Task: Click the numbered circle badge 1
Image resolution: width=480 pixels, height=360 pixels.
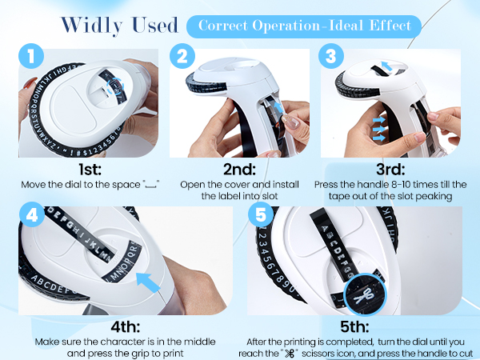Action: [31, 56]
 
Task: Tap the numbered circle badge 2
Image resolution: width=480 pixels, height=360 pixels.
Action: [182, 56]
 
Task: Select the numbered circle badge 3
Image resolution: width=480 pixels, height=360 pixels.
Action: [331, 56]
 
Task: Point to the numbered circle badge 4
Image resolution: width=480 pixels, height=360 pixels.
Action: [32, 214]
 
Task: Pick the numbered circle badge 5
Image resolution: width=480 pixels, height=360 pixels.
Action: [261, 214]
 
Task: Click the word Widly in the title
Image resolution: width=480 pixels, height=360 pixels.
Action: [92, 26]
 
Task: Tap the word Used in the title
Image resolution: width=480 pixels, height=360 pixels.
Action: [155, 25]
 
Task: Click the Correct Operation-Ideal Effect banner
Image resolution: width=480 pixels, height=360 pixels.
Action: [304, 26]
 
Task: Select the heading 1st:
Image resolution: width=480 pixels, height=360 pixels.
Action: [90, 169]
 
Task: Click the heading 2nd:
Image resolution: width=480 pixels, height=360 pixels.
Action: [239, 169]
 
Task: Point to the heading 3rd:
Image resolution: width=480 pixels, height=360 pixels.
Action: [390, 169]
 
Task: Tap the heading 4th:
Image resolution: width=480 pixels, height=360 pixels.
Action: [126, 326]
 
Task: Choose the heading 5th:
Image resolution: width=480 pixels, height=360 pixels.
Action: [354, 326]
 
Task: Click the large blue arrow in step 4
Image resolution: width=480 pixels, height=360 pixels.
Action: [147, 282]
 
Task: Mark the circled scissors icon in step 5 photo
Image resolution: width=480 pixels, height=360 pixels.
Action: [365, 294]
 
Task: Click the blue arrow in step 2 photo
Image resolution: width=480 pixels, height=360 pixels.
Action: [278, 107]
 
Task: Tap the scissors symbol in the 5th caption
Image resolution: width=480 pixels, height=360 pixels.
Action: [290, 354]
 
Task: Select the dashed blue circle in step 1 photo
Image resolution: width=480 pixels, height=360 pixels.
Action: [116, 85]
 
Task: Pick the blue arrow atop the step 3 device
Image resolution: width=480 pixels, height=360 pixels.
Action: [386, 66]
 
